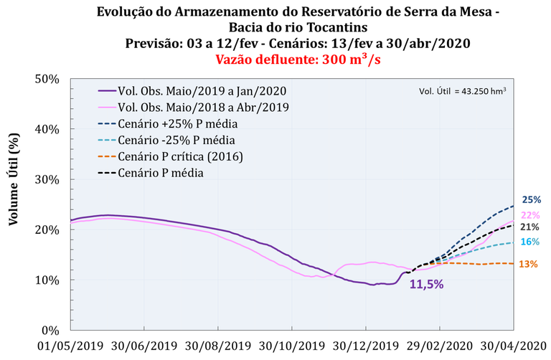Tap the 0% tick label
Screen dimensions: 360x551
[x=50, y=331]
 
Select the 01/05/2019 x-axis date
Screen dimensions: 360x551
[x=70, y=346]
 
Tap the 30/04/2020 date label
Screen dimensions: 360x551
[x=513, y=346]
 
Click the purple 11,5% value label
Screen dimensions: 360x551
[x=426, y=285]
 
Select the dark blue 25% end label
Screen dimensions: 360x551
[x=531, y=200]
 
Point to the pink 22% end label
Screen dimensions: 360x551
[x=531, y=215]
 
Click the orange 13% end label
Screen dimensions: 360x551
[x=528, y=264]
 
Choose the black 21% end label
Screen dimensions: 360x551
[x=530, y=227]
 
